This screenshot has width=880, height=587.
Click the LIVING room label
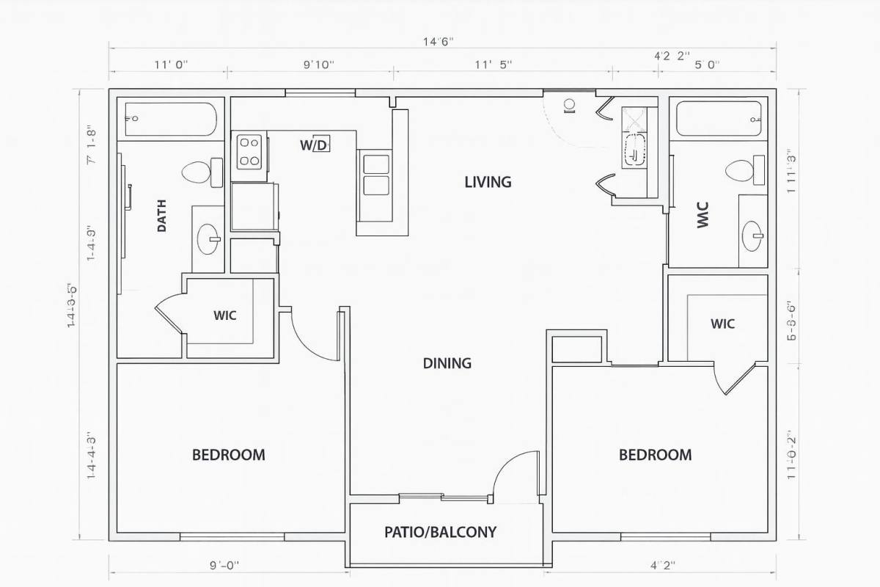(488, 182)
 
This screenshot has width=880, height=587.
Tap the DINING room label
(447, 363)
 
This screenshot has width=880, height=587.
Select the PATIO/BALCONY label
(440, 532)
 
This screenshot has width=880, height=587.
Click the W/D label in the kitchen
(314, 145)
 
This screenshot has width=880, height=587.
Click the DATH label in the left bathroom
(161, 216)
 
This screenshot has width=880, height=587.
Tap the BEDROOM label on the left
(228, 455)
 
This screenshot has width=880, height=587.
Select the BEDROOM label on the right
(655, 455)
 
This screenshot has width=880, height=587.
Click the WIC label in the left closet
(224, 316)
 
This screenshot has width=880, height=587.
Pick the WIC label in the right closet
(722, 324)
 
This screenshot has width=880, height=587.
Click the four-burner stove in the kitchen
(249, 150)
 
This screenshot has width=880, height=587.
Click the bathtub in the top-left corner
(170, 120)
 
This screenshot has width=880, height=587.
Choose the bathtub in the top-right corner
(719, 120)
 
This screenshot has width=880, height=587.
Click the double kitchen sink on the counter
(375, 174)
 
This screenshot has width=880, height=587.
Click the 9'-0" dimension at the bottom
(224, 565)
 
